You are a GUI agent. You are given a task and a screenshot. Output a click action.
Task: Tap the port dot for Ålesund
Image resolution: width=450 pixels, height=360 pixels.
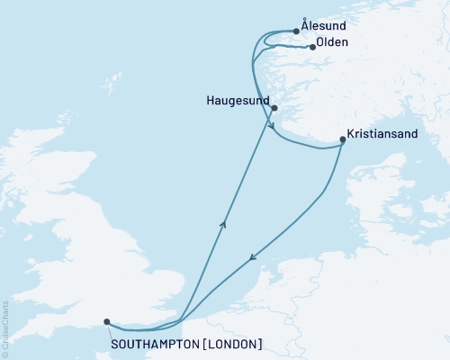[x=296, y=31]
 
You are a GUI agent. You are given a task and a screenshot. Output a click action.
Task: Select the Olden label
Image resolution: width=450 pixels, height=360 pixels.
[x=333, y=42]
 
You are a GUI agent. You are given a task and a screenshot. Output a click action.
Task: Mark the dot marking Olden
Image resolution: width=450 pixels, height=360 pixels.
[x=311, y=47]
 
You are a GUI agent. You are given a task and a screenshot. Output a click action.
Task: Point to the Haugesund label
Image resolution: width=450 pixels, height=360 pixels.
[x=238, y=103]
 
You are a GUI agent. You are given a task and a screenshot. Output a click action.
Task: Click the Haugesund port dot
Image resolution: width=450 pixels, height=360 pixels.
[x=274, y=108]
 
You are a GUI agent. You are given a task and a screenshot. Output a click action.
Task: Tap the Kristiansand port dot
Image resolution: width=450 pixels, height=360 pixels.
[x=342, y=139]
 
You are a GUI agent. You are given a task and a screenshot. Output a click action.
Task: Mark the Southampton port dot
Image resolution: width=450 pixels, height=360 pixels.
[x=106, y=321]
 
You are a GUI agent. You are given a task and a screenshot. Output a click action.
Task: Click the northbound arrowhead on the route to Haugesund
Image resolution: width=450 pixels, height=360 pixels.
[x=222, y=223]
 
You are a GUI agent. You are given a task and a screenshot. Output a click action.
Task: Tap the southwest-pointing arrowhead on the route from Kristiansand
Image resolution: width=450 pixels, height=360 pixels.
[x=252, y=257]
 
